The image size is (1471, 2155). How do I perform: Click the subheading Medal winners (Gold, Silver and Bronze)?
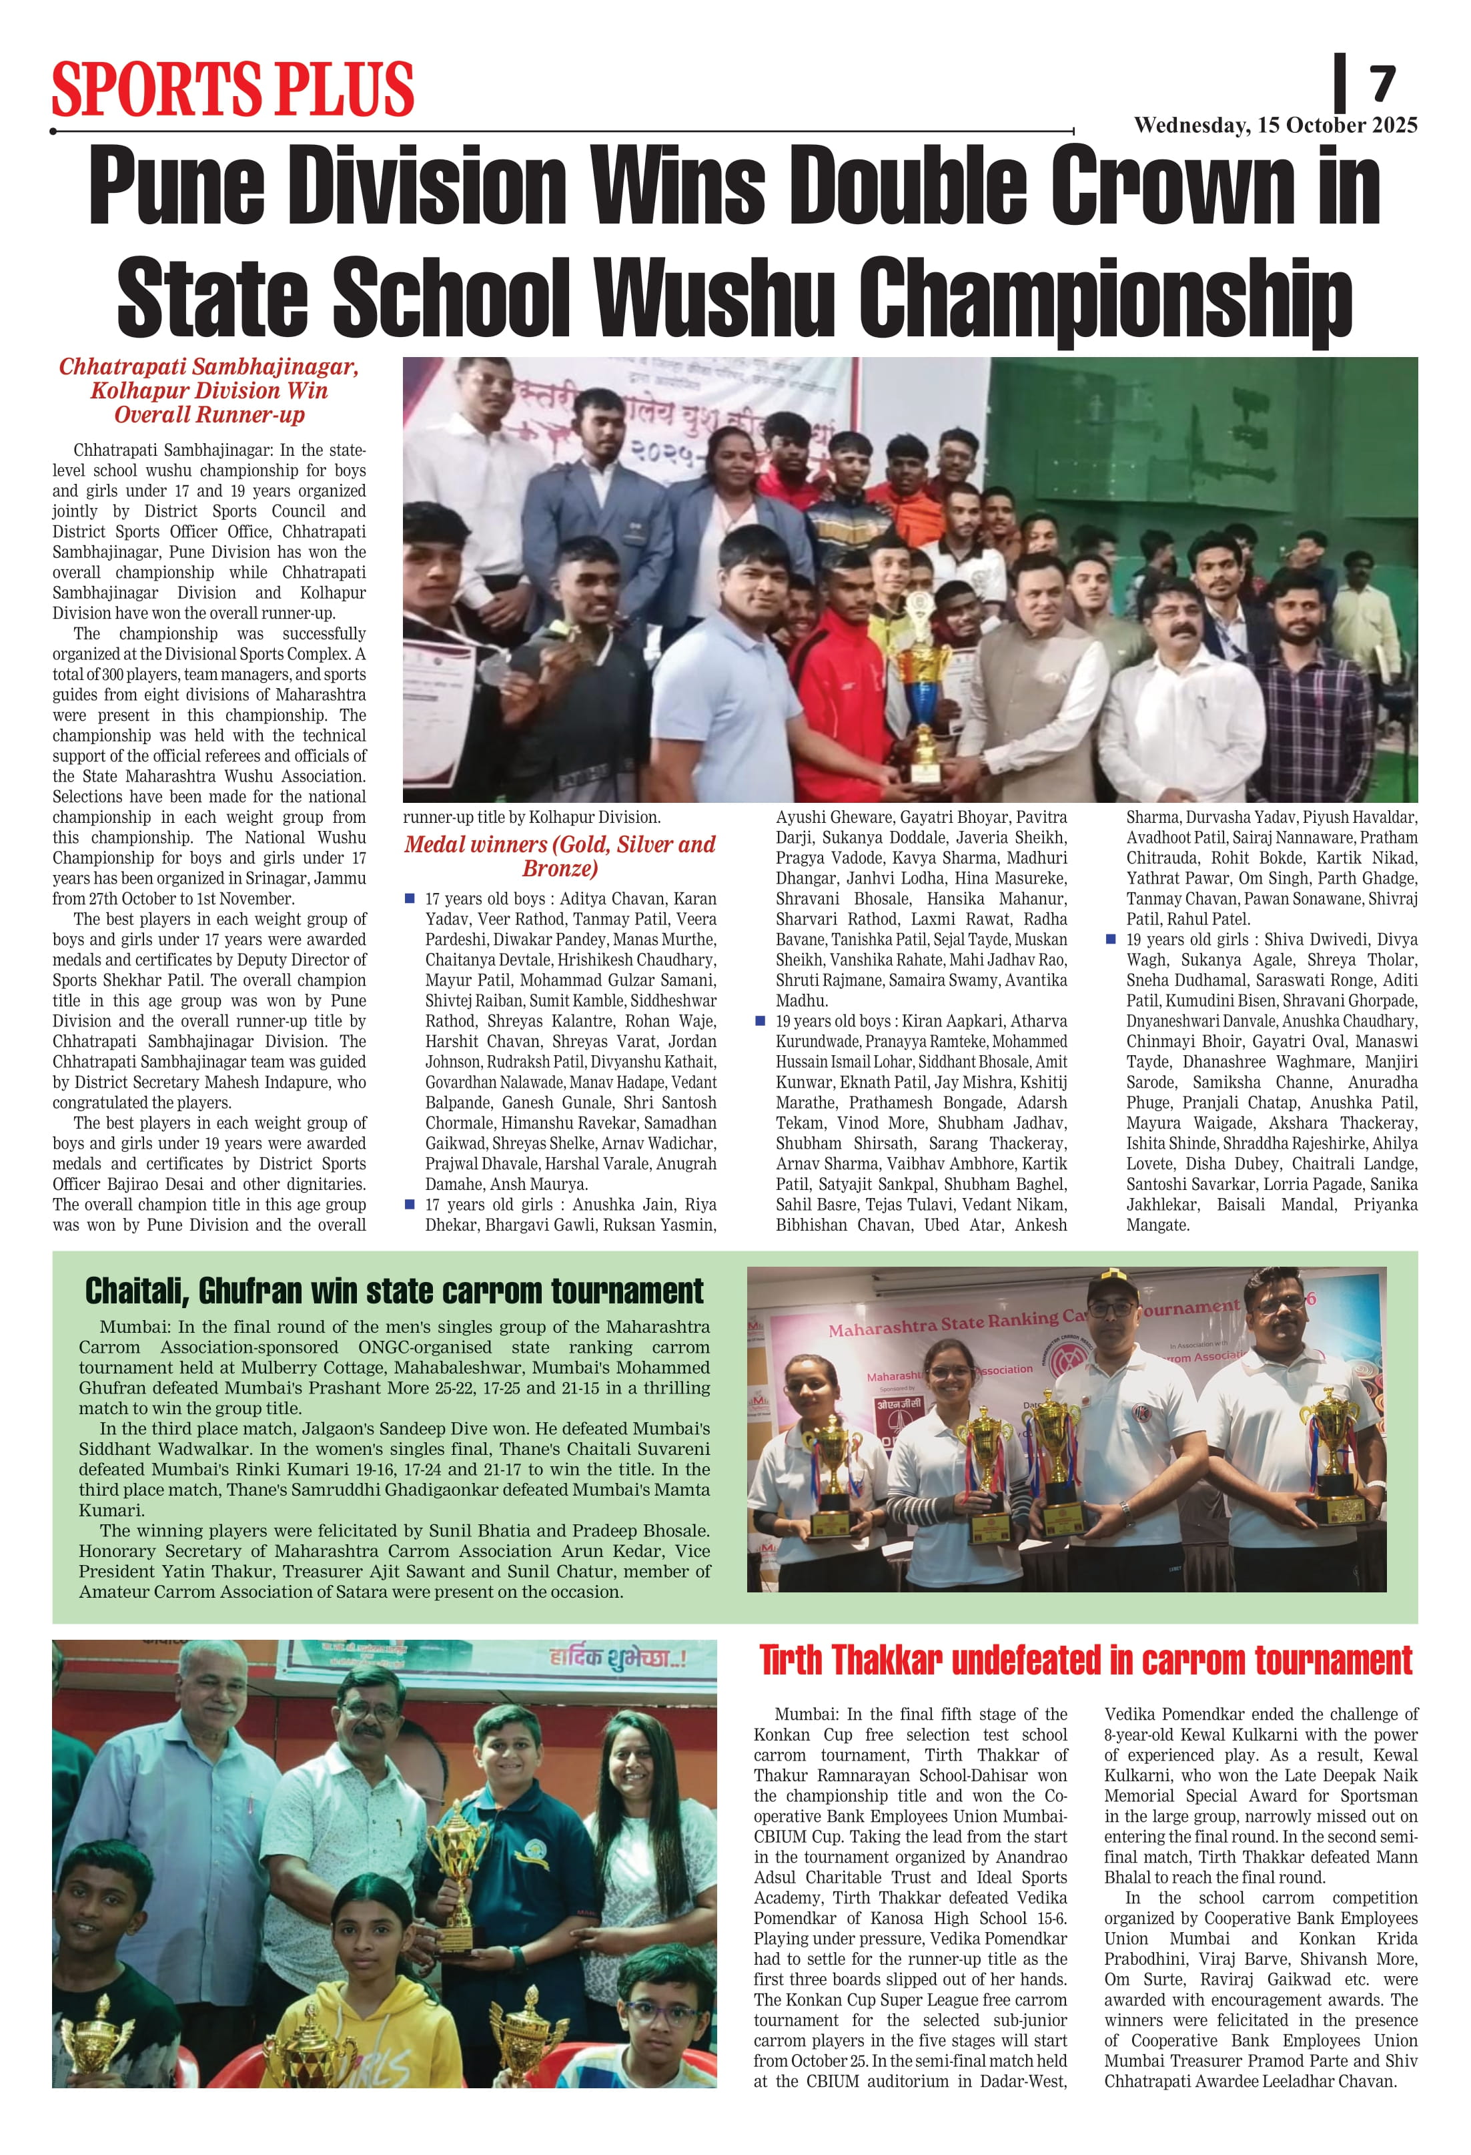[559, 856]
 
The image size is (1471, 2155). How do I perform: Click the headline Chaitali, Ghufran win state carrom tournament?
[394, 1291]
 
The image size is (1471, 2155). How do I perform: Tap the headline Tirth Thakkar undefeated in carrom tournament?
[1085, 1660]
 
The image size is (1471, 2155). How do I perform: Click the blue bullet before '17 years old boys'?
[410, 898]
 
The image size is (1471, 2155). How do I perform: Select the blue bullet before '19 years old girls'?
[1111, 938]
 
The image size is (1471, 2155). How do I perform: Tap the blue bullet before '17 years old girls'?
[410, 1203]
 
